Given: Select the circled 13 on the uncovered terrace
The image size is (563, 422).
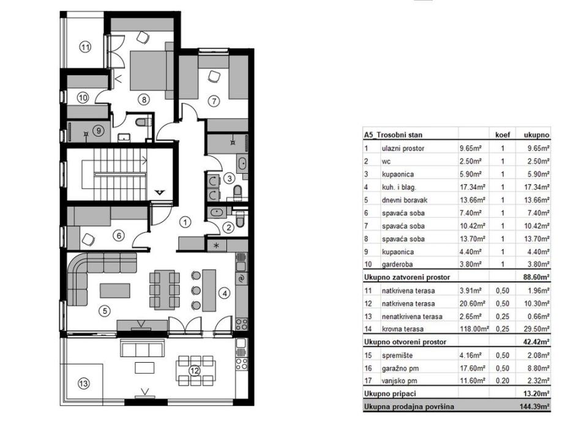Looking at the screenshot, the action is (x=83, y=383).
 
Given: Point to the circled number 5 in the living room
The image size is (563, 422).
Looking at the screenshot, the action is (x=105, y=311).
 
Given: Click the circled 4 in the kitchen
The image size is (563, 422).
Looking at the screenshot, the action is (x=225, y=294).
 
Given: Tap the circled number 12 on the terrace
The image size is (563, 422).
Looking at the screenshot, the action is (x=194, y=369).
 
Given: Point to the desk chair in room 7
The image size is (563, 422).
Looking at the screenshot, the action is (x=214, y=76).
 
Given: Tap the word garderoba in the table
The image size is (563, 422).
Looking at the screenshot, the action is (x=399, y=265).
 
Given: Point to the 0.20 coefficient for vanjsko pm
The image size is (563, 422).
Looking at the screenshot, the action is (x=502, y=381).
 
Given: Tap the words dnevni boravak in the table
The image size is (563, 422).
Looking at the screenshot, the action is (x=403, y=199).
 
